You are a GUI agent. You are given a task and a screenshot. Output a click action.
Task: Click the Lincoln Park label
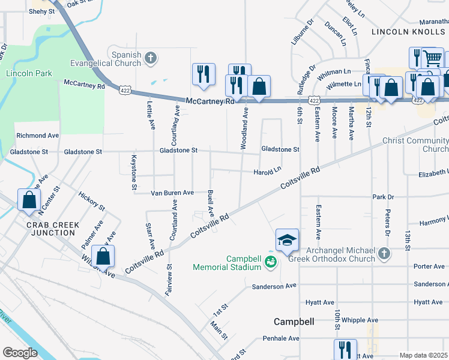29,73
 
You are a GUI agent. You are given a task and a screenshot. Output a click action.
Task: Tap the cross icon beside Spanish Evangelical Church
151,58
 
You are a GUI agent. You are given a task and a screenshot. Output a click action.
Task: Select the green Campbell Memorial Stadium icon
271,262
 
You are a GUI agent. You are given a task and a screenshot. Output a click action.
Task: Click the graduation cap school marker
287,240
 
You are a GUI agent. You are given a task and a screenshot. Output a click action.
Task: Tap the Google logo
20,353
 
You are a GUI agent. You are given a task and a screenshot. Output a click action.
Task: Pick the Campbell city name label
294,322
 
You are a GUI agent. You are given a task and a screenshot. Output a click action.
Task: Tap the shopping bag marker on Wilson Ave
103,256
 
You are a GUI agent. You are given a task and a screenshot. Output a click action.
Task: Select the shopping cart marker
432,58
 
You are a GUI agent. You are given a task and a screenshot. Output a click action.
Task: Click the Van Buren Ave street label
172,193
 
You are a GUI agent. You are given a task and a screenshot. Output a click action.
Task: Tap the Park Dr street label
382,197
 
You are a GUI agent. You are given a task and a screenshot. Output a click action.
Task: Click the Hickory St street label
92,202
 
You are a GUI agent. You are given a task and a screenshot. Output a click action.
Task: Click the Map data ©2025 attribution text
423,355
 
